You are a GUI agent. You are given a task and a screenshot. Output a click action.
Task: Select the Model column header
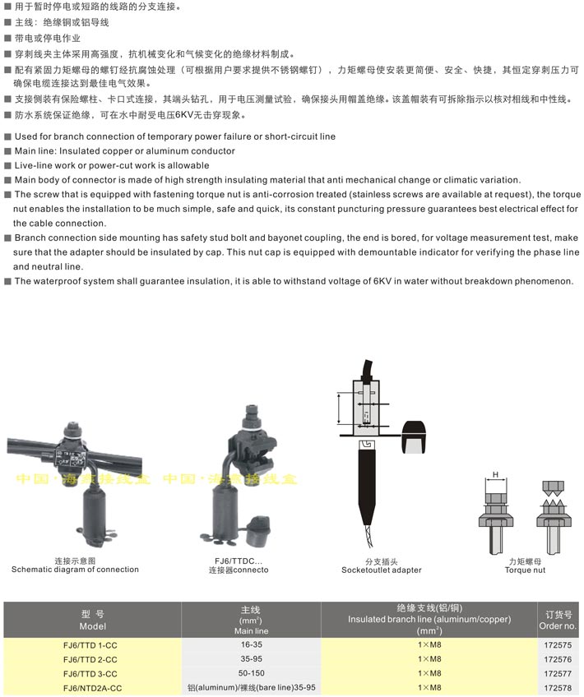pos(93,619)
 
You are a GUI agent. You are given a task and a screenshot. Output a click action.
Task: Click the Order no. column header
pos(559,619)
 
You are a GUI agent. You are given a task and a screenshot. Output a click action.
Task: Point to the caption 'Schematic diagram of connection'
pos(69,569)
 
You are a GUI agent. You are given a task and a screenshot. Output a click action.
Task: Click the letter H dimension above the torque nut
pos(495,474)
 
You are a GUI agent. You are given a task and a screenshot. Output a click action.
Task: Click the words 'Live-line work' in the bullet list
pos(44,165)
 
